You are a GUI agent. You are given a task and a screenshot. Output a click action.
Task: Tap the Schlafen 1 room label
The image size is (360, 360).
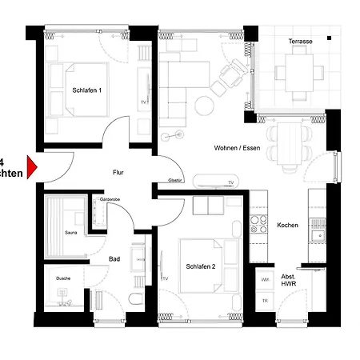pyautogui.click(x=86, y=90)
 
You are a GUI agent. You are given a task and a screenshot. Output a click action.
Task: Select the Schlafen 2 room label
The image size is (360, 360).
pyautogui.click(x=202, y=266)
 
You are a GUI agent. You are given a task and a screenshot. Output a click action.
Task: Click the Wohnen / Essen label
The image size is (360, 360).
pyautogui.click(x=237, y=148)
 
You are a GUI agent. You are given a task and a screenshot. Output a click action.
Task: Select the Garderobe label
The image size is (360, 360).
pyautogui.click(x=110, y=198)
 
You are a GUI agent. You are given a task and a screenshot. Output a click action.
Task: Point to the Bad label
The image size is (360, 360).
pyautogui.click(x=114, y=259)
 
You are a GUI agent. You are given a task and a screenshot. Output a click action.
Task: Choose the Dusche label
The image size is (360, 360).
pyautogui.click(x=62, y=278)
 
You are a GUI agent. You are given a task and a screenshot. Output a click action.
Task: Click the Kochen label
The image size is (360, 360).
pyautogui.click(x=287, y=225)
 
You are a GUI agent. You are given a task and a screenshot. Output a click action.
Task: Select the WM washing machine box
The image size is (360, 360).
pyautogui.click(x=265, y=280)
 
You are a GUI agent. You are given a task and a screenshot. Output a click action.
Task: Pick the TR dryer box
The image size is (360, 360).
pyautogui.click(x=265, y=301)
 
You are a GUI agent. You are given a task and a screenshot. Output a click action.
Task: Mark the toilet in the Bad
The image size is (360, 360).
pyautogui.click(x=137, y=299)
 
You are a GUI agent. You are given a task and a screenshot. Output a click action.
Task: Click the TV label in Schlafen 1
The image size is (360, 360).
pyautogui.click(x=143, y=102)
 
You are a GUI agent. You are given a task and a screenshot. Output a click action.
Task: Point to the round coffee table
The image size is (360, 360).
pyautogui.click(x=205, y=104)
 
